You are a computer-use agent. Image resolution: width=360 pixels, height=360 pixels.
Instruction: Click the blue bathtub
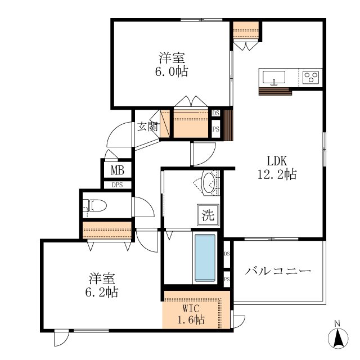pos(205,258)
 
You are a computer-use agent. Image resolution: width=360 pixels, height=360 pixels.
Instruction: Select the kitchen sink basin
pos(274,77)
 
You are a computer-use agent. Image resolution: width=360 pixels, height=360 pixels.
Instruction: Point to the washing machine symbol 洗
pos(208,215)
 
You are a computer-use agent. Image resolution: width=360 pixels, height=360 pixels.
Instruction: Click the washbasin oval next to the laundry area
pos(209,183)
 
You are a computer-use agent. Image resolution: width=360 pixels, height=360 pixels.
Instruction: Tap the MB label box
pos(118,170)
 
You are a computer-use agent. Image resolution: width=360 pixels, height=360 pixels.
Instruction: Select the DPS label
pos(118,185)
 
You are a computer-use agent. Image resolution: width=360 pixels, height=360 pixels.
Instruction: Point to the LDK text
pos(277,161)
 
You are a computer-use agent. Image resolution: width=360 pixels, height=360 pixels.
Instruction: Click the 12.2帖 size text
pos(277,174)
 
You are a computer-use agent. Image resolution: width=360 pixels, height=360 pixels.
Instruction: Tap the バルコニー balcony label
pos(278,271)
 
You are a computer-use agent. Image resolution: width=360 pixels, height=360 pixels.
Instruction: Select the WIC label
pos(191,309)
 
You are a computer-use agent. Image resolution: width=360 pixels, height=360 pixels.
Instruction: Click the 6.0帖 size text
pos(172,71)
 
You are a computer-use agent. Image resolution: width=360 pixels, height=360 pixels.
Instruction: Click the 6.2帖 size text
pos(102,292)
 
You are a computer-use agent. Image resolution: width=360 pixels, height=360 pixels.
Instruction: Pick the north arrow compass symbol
pos(337,336)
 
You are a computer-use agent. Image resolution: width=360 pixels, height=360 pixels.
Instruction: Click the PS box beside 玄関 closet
pos(215,129)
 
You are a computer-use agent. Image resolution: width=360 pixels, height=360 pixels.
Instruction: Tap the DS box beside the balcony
pos(227,254)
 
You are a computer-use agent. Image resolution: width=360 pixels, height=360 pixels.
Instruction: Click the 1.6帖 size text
pos(191,319)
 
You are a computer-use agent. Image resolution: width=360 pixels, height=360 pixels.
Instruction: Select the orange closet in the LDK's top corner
pos(246,30)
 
